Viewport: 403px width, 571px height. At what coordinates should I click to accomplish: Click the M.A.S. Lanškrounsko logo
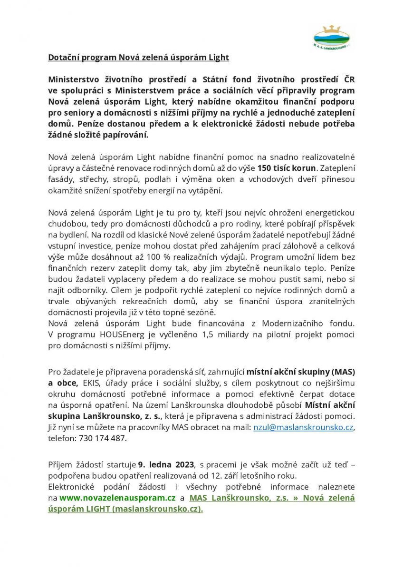(x=331, y=37)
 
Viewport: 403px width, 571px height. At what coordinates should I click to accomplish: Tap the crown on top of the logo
(x=331, y=28)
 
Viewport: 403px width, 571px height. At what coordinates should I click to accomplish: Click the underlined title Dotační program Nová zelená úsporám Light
(x=138, y=58)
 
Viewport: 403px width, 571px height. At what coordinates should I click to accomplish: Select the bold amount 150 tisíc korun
(x=287, y=168)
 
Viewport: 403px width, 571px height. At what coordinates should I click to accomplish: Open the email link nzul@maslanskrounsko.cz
(x=303, y=427)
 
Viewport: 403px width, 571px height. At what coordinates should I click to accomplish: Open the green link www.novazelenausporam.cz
(x=117, y=498)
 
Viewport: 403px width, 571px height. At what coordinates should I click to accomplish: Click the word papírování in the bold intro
(x=125, y=135)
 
